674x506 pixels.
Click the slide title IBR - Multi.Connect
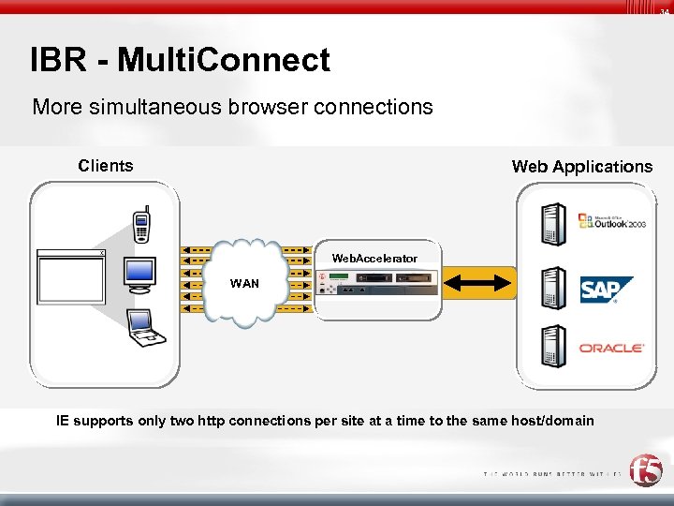point(180,60)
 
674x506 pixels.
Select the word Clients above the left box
point(106,166)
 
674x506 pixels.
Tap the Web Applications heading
point(581,167)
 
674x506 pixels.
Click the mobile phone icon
point(141,226)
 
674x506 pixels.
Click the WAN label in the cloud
point(244,283)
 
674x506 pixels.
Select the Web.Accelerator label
point(374,258)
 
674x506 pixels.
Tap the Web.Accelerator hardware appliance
point(377,282)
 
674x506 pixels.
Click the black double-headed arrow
point(478,282)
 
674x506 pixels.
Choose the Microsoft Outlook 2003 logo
point(611,221)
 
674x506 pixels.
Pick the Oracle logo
point(610,348)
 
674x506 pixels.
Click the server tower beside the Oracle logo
point(553,347)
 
